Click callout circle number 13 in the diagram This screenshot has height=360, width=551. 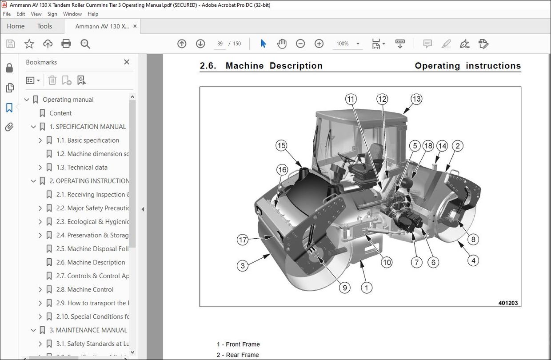(416, 99)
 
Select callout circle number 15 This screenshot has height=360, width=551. (281, 145)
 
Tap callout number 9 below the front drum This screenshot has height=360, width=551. (345, 288)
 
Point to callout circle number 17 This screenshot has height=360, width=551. (242, 240)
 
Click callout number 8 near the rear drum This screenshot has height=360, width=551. (473, 240)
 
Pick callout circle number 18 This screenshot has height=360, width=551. (428, 146)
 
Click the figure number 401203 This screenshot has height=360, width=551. (508, 303)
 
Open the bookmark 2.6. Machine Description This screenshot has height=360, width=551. (91, 262)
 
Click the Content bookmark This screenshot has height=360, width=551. (60, 113)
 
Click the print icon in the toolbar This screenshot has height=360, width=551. (66, 44)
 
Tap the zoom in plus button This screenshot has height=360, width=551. (319, 44)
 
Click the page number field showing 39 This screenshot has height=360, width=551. (220, 44)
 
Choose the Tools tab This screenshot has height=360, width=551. (44, 26)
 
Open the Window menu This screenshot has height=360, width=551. (72, 14)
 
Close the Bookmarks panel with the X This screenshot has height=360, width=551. (127, 62)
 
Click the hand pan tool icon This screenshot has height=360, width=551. (282, 44)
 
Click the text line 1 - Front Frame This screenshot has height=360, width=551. (238, 344)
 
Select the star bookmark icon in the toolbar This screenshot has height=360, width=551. (29, 44)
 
